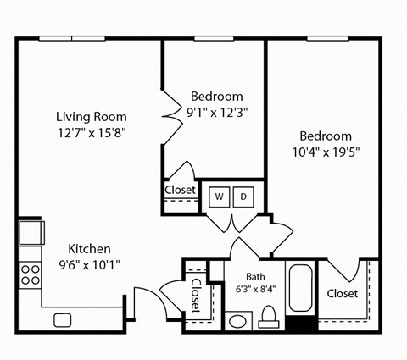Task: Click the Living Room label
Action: click(x=91, y=117)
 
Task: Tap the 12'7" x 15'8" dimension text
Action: click(x=91, y=132)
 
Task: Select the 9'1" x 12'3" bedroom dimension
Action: click(x=216, y=111)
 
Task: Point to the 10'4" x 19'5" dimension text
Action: click(x=326, y=152)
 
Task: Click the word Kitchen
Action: click(x=89, y=249)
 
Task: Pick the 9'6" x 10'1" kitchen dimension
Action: click(x=89, y=264)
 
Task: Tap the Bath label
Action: click(x=255, y=276)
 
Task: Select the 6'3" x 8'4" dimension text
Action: click(x=255, y=288)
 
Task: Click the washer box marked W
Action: click(x=219, y=197)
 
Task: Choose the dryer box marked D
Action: click(x=243, y=197)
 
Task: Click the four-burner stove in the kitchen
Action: click(x=31, y=274)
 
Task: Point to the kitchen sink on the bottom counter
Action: click(x=62, y=319)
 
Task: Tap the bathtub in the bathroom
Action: click(x=301, y=290)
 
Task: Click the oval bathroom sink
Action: click(x=237, y=321)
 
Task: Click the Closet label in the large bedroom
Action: click(x=342, y=294)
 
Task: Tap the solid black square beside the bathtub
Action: click(x=300, y=323)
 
